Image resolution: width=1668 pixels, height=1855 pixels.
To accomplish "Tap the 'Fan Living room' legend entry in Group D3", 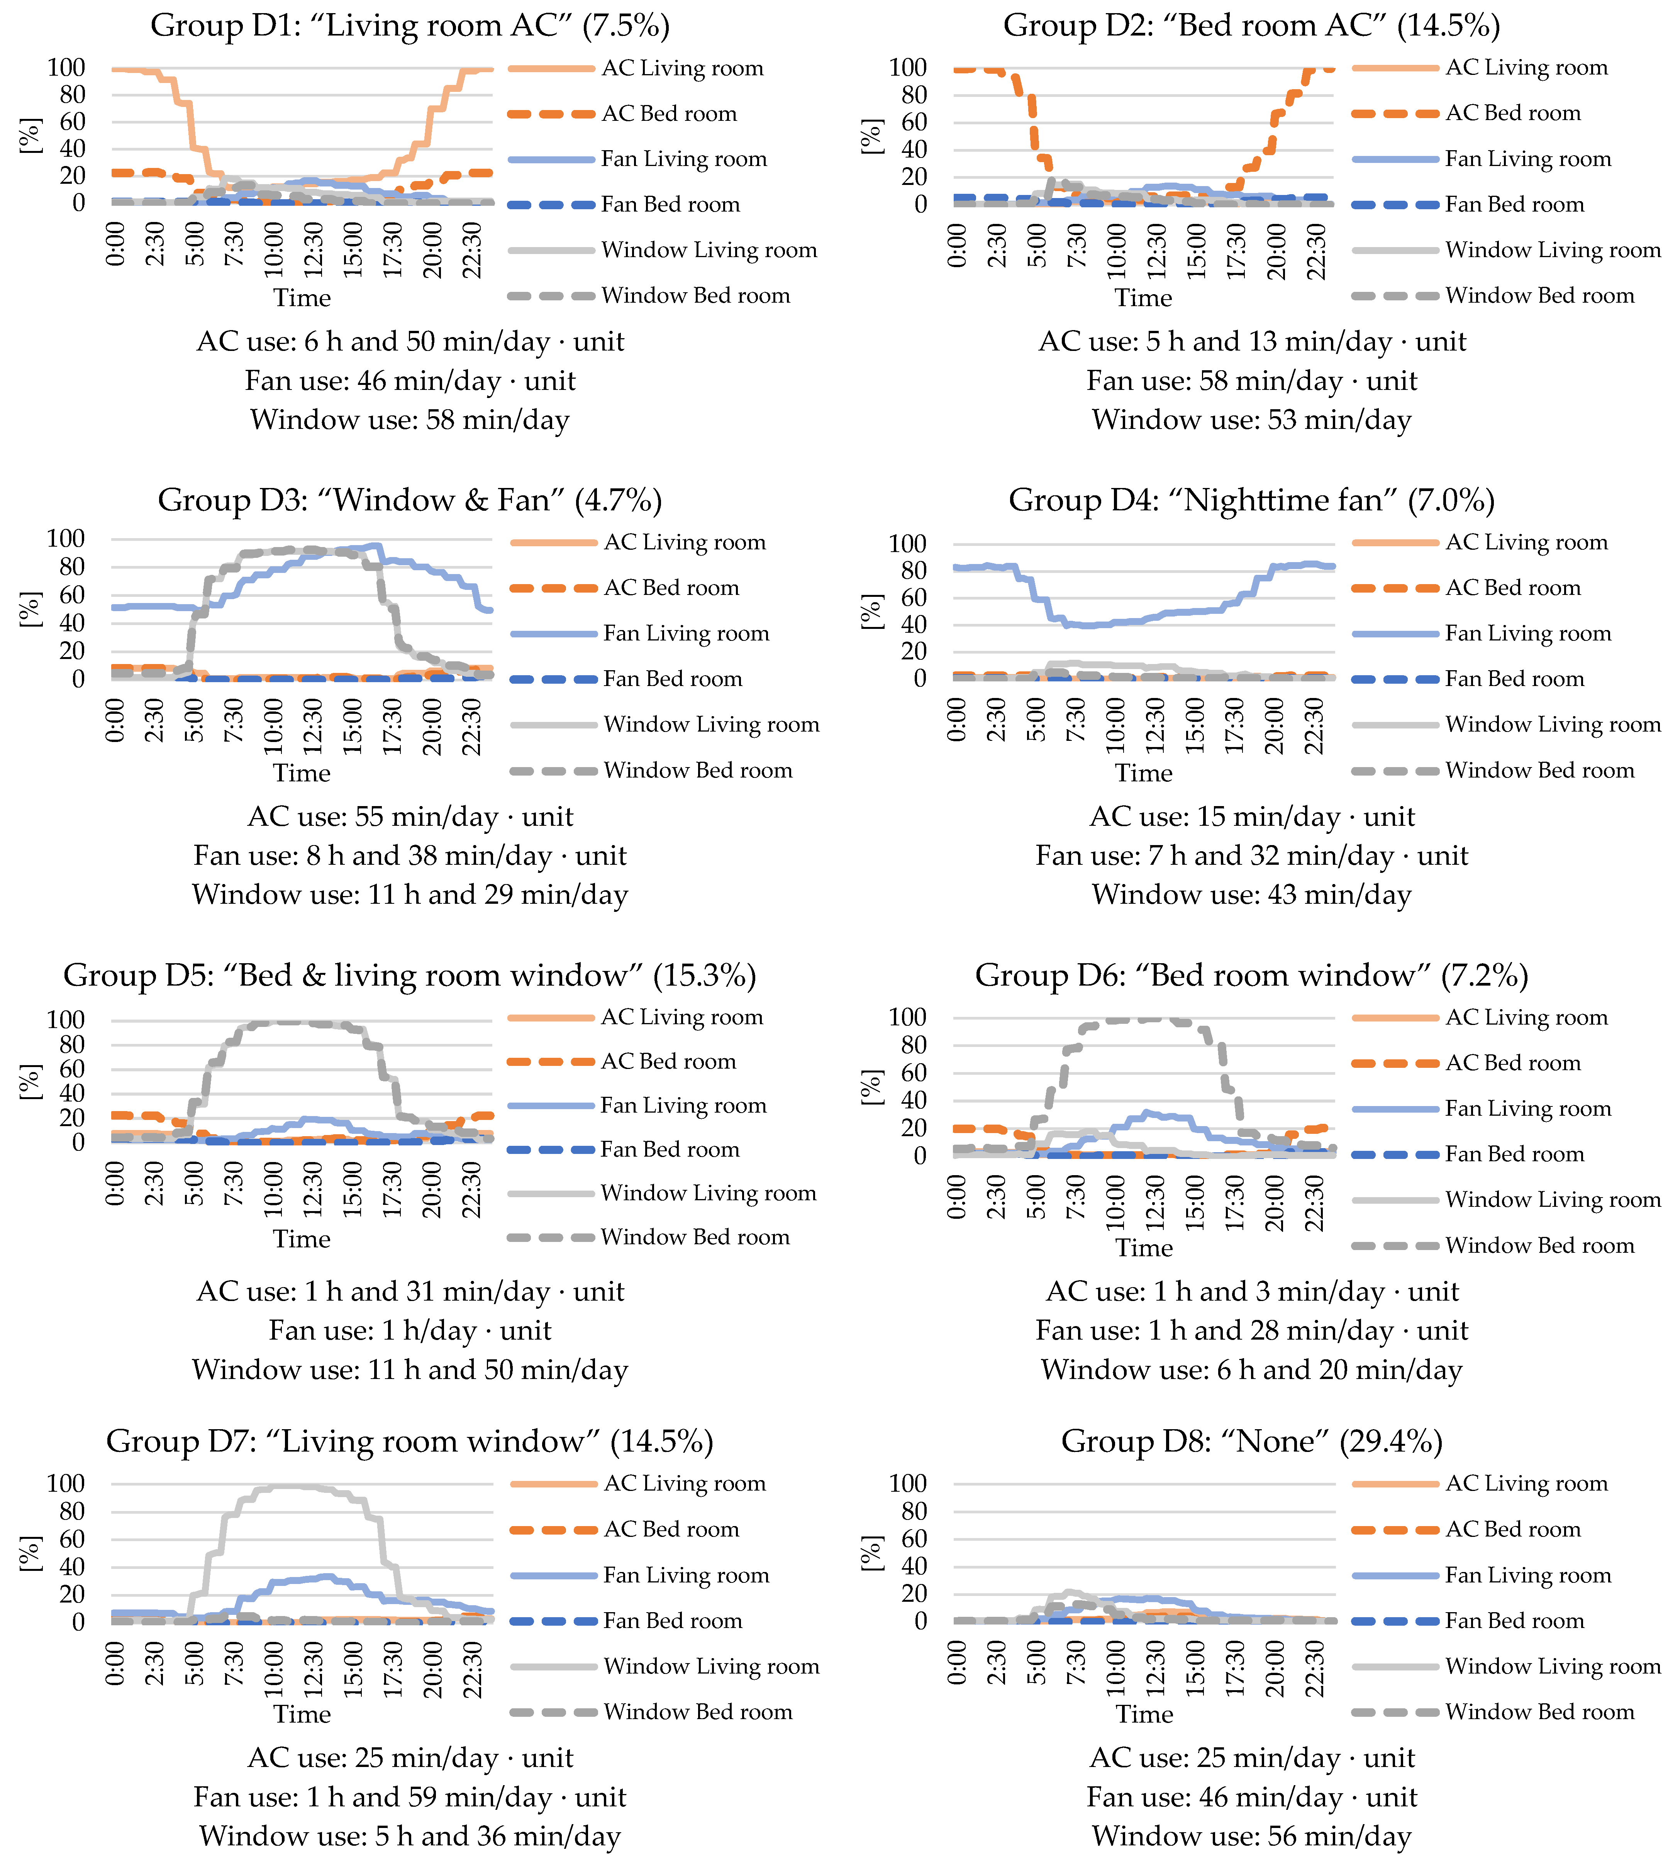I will tap(685, 633).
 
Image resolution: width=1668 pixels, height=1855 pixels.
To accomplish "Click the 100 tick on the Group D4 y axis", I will tap(907, 544).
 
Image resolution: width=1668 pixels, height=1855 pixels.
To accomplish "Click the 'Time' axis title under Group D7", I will tap(302, 1714).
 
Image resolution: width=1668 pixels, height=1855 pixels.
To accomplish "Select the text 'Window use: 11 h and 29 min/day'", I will tap(410, 894).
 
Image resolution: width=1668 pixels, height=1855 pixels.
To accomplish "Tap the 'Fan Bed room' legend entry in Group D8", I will tap(1514, 1620).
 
